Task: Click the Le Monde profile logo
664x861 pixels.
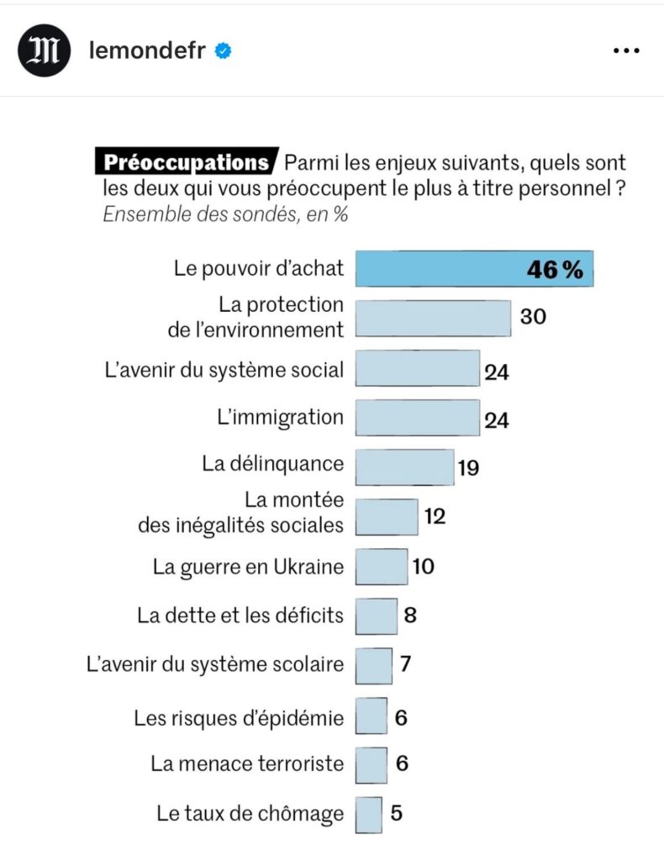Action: pyautogui.click(x=44, y=50)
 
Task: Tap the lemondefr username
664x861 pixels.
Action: pyautogui.click(x=148, y=51)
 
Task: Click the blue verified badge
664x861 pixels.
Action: pyautogui.click(x=224, y=51)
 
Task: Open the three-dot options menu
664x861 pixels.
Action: pyautogui.click(x=626, y=51)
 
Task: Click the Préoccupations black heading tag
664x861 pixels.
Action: pyautogui.click(x=186, y=161)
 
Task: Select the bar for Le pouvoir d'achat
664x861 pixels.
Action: pyautogui.click(x=474, y=269)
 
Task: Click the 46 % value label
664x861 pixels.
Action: pyautogui.click(x=555, y=269)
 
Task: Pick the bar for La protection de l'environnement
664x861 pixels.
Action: pyautogui.click(x=433, y=318)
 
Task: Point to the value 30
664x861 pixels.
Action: pyautogui.click(x=532, y=317)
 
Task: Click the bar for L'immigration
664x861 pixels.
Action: pyautogui.click(x=417, y=418)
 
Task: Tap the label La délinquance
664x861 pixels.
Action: pyautogui.click(x=273, y=464)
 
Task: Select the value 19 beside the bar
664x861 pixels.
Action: pyautogui.click(x=468, y=467)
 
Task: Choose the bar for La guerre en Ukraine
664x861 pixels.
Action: pyautogui.click(x=381, y=567)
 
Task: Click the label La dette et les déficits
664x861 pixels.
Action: pyautogui.click(x=240, y=615)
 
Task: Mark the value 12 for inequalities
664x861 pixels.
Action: pyautogui.click(x=435, y=515)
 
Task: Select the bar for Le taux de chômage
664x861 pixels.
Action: pyautogui.click(x=368, y=814)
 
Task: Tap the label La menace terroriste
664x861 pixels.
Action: pyautogui.click(x=247, y=764)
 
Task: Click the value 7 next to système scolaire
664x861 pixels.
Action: pyautogui.click(x=405, y=664)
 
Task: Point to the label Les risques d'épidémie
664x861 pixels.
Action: pyautogui.click(x=239, y=719)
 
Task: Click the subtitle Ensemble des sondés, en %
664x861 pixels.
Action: pyautogui.click(x=224, y=214)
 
